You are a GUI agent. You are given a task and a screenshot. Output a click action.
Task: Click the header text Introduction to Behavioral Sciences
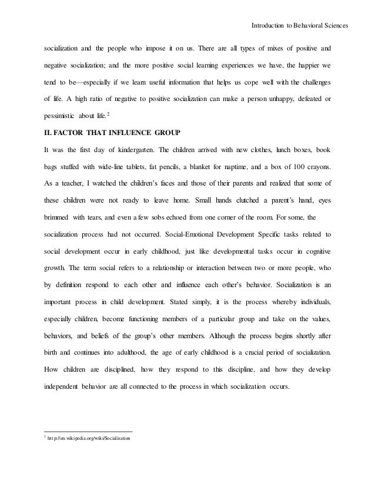tap(300, 26)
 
